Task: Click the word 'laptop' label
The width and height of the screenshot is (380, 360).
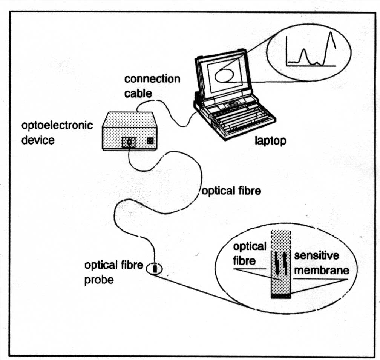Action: click(x=270, y=141)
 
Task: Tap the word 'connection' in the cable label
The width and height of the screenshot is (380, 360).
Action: click(x=152, y=79)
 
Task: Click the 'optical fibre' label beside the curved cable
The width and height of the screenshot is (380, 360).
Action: click(x=231, y=191)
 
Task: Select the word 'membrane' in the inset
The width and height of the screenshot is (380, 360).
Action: click(x=321, y=271)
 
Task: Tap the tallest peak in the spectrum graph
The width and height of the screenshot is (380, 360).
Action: click(x=331, y=35)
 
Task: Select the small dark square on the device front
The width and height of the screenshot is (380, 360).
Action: click(x=150, y=141)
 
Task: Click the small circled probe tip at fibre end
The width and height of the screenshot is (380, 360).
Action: click(x=155, y=268)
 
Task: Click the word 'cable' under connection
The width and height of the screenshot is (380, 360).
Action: click(x=138, y=94)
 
